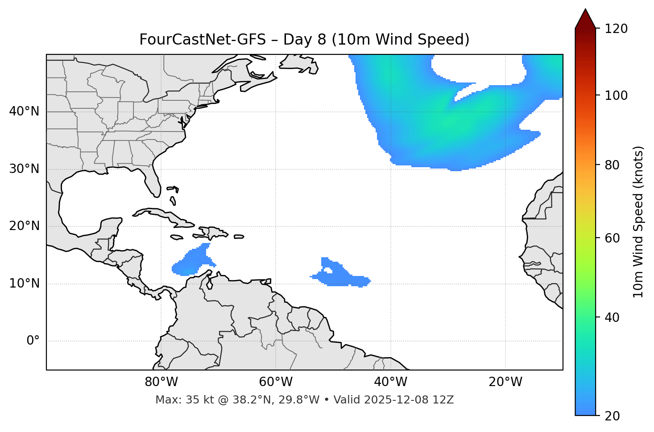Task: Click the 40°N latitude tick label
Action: pyautogui.click(x=24, y=111)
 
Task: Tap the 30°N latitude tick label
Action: pyautogui.click(x=24, y=169)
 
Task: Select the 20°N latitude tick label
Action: pyautogui.click(x=24, y=226)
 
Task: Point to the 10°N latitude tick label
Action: pyautogui.click(x=24, y=284)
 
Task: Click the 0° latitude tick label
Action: pyautogui.click(x=33, y=341)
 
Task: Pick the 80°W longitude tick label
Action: pyautogui.click(x=161, y=382)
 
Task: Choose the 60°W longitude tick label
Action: pyautogui.click(x=276, y=382)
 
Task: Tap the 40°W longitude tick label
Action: pyautogui.click(x=390, y=382)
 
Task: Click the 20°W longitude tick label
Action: pyautogui.click(x=505, y=382)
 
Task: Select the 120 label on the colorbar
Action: pyautogui.click(x=617, y=29)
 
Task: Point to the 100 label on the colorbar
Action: pyautogui.click(x=617, y=95)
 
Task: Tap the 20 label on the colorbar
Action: pyautogui.click(x=612, y=416)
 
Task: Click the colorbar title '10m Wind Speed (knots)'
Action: pyautogui.click(x=638, y=222)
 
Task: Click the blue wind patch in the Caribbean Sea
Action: pyautogui.click(x=193, y=262)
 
